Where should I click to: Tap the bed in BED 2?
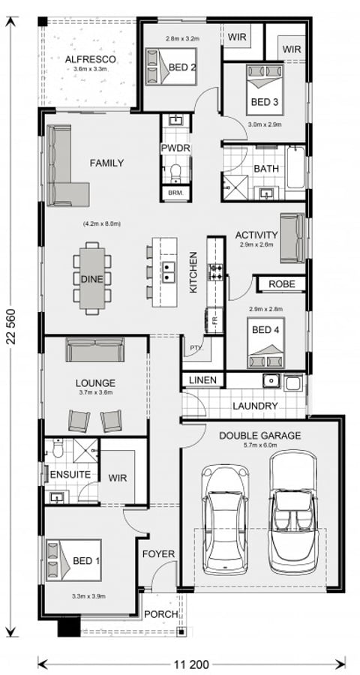click(170, 64)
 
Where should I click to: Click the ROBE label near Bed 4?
click(281, 284)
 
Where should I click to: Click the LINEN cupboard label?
click(202, 380)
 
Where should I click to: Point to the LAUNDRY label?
click(255, 406)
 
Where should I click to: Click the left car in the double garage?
click(226, 517)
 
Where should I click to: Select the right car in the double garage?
click(293, 510)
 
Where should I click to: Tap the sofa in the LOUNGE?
click(94, 350)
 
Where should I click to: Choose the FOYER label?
click(158, 554)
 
